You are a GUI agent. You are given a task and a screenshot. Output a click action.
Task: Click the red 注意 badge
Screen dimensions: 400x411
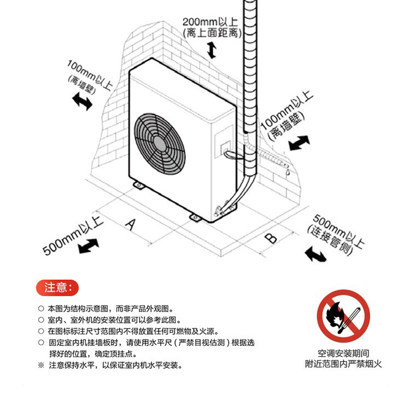tap(57, 287)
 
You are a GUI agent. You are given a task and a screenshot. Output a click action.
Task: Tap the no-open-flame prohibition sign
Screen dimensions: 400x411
tap(343, 316)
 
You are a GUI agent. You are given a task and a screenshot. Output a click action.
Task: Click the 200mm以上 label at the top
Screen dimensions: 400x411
tap(210, 22)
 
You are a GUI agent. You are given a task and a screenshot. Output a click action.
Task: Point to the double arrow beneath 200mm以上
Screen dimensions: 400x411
tap(211, 50)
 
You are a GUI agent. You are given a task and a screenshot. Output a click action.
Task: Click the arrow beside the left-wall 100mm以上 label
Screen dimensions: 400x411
tap(82, 100)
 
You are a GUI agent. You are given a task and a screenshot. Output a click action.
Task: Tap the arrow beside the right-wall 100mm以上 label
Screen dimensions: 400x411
tap(299, 143)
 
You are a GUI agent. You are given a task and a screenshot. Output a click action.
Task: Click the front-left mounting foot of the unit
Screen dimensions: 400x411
tap(138, 185)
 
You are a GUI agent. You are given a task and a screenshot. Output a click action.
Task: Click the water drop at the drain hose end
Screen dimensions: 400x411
tap(286, 170)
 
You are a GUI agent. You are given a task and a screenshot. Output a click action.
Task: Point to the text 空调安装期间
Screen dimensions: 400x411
tap(343, 353)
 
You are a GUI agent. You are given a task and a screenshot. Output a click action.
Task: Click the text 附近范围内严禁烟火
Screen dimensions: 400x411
tap(343, 364)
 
